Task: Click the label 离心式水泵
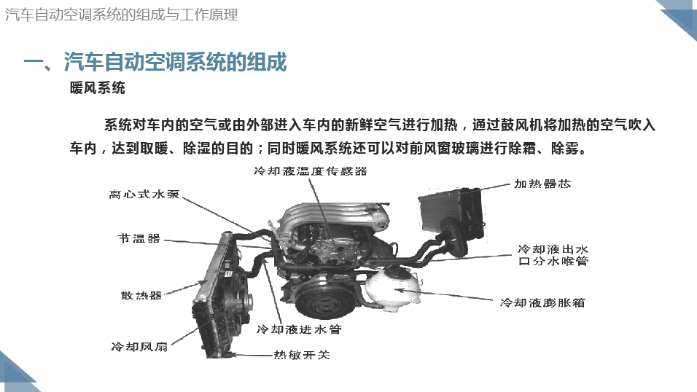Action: pyautogui.click(x=144, y=195)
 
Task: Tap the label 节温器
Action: pyautogui.click(x=139, y=239)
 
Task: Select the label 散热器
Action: pyautogui.click(x=141, y=296)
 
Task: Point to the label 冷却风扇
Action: pyautogui.click(x=139, y=347)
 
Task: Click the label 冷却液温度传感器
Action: pyautogui.click(x=311, y=171)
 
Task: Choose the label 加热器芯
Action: pyautogui.click(x=542, y=184)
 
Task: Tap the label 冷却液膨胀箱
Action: pyautogui.click(x=542, y=302)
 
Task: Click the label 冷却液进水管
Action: pyautogui.click(x=299, y=329)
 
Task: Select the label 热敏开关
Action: pyautogui.click(x=302, y=355)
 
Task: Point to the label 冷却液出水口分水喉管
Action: pyautogui.click(x=553, y=255)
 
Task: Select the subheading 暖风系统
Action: pyautogui.click(x=98, y=88)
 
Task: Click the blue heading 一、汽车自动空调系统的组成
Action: pyautogui.click(x=155, y=62)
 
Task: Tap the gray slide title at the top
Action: pyautogui.click(x=121, y=15)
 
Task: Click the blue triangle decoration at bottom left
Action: pyautogui.click(x=15, y=373)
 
